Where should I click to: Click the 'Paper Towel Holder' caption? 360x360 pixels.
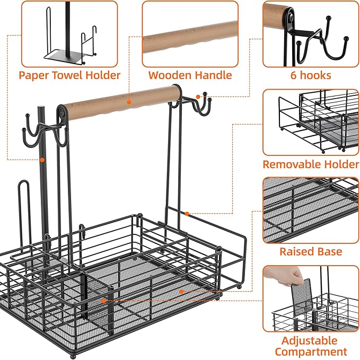69,75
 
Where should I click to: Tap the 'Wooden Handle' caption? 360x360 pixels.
190,75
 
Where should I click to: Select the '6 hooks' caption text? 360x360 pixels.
311,75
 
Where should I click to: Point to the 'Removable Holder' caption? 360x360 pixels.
311,164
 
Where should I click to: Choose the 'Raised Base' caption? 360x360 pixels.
311,252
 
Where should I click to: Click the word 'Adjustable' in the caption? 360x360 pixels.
310,341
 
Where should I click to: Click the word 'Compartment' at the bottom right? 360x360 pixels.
311,352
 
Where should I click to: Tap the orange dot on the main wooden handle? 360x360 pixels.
129,102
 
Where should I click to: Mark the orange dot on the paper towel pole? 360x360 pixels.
42,160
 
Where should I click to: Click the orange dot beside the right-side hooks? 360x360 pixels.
198,97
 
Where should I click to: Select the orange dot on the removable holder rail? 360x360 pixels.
187,214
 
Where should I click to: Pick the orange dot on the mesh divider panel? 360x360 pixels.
103,301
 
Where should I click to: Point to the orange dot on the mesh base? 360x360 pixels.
181,292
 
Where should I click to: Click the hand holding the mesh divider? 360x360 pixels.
284,276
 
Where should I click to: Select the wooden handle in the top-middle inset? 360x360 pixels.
190,37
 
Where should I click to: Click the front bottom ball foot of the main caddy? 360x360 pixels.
73,357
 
